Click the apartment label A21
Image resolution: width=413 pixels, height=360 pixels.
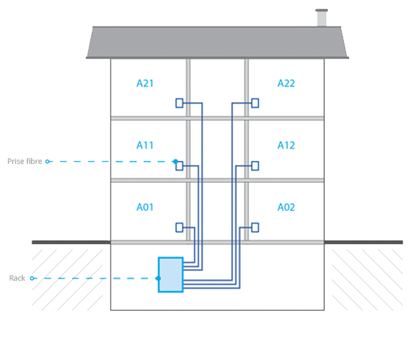point(145,83)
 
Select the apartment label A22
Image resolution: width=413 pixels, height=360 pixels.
point(286,83)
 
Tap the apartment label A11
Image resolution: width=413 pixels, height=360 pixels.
point(145,145)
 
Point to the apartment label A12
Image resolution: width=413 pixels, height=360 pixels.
point(286,145)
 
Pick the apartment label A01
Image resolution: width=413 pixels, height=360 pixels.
point(145,207)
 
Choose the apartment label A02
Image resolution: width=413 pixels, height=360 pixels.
point(286,207)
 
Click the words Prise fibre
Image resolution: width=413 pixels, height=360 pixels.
point(24,161)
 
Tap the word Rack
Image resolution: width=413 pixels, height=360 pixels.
point(17,278)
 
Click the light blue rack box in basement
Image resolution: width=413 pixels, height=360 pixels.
point(170,275)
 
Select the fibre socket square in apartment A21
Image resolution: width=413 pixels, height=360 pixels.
point(179,103)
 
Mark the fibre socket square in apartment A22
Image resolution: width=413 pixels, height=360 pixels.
point(255,103)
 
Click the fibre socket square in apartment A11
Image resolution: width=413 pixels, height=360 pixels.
point(179,166)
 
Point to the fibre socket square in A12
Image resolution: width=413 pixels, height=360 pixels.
point(255,166)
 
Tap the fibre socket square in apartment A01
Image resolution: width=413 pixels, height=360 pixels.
point(179,228)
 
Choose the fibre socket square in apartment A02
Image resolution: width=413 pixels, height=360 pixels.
point(255,228)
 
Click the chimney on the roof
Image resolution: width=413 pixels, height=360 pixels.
point(322,18)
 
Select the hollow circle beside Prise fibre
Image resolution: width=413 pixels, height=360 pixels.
point(48,162)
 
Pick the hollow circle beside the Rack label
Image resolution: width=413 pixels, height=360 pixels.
point(32,278)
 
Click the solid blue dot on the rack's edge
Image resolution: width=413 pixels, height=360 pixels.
point(158,278)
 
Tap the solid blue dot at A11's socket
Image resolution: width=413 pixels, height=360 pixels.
point(176,162)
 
